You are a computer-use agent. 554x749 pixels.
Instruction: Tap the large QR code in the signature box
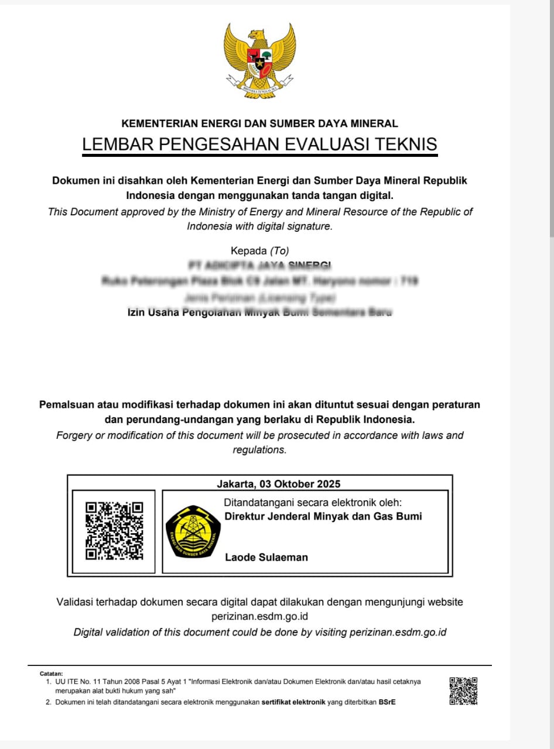coord(114,531)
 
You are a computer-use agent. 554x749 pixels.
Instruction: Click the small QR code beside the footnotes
coord(463,691)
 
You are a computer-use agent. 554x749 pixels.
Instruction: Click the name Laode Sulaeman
coord(266,557)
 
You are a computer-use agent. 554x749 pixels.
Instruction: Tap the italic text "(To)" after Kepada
coord(279,251)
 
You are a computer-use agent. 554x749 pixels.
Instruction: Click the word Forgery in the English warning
coord(74,435)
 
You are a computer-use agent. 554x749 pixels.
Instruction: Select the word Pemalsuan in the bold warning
coord(66,404)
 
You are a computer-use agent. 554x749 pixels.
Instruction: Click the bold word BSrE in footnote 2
coord(387,702)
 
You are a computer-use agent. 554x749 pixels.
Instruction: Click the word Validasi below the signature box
coord(76,602)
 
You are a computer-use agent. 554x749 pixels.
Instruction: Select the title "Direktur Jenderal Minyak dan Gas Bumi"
coord(323,516)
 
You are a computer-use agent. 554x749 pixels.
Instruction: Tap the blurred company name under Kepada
coord(259,266)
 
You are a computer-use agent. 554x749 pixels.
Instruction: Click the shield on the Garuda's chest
coord(259,60)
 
